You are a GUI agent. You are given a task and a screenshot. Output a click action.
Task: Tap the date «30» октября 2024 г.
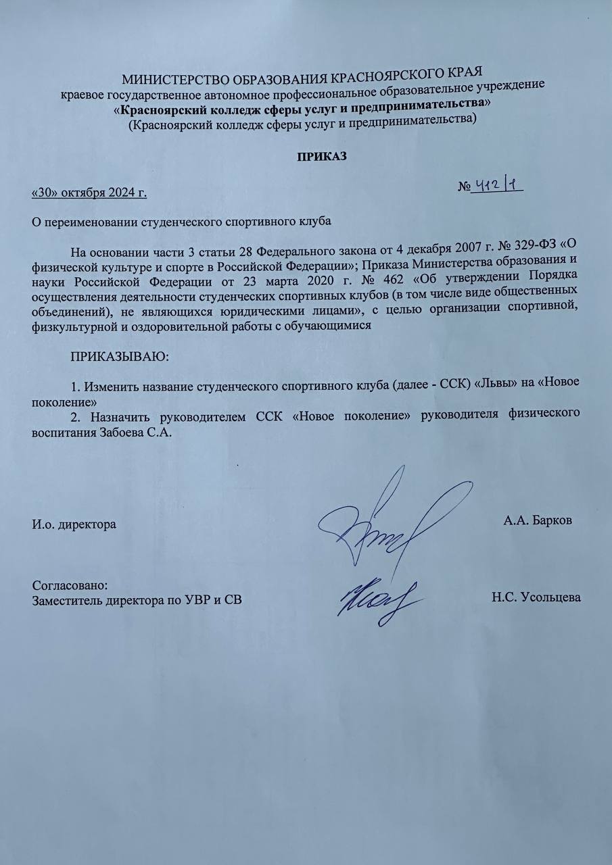point(90,193)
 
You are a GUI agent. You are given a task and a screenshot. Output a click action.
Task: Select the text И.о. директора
point(74,524)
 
